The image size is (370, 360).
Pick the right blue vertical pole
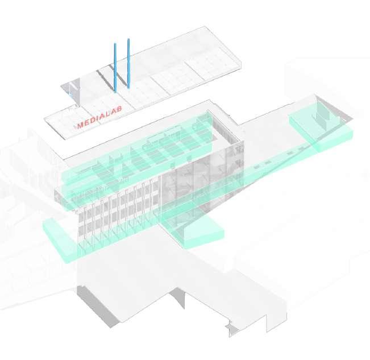(x=129, y=63)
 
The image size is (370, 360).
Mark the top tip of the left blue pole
(x=115, y=44)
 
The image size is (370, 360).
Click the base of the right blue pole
(x=130, y=87)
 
